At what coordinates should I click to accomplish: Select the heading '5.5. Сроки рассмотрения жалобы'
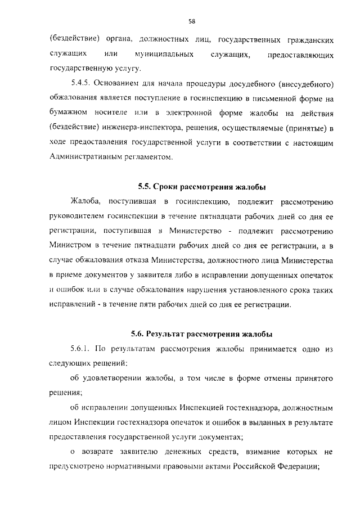point(202,186)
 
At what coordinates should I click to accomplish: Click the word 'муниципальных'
point(161,55)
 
